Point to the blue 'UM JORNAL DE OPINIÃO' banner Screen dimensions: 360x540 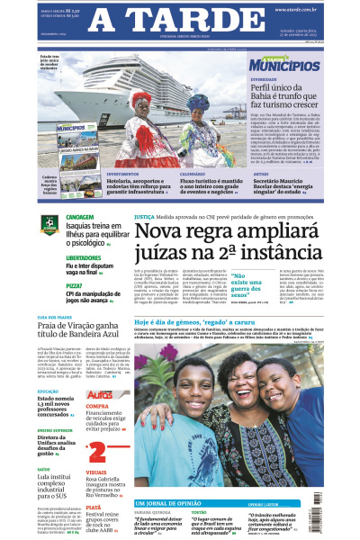(172, 502)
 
